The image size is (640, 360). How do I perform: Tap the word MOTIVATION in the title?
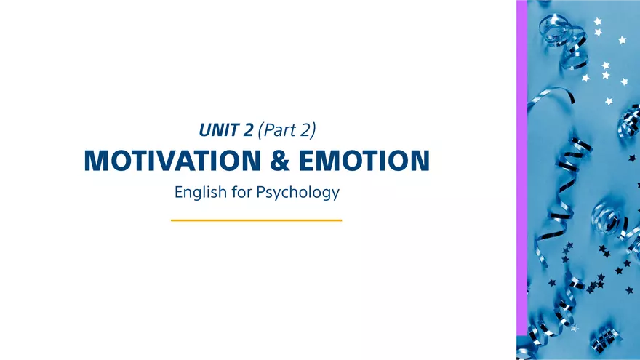[171, 161]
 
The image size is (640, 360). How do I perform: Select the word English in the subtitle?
[198, 193]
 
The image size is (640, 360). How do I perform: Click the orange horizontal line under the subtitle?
[256, 220]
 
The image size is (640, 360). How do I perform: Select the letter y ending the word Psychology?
[335, 196]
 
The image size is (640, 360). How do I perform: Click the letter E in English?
[179, 193]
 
